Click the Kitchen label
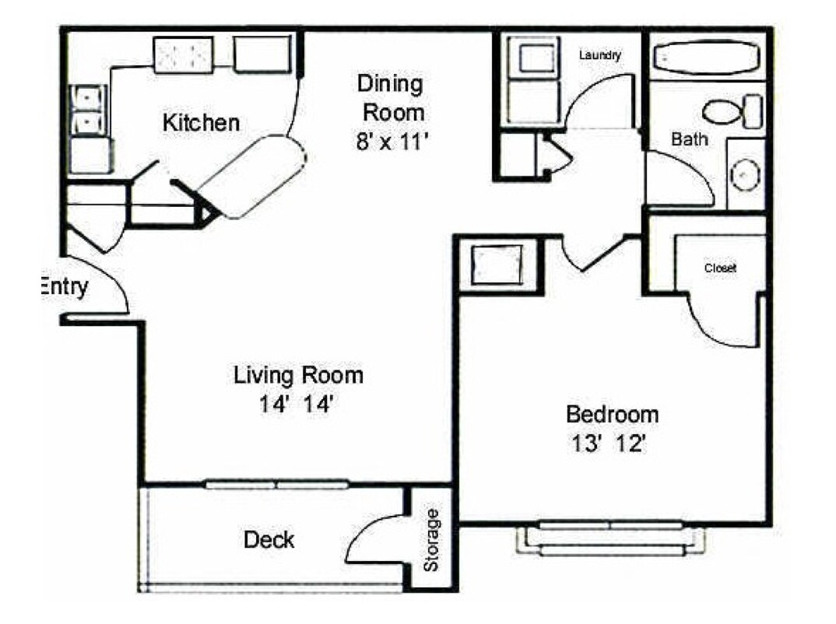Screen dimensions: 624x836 tap(200, 122)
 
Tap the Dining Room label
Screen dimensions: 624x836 tap(391, 97)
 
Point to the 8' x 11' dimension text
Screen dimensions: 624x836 tap(390, 141)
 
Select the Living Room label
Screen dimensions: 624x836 tap(298, 375)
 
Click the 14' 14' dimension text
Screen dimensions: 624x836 tap(298, 405)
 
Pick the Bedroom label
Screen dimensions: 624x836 tap(612, 413)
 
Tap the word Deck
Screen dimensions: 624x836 tap(269, 539)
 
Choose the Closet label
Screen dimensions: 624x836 tap(720, 268)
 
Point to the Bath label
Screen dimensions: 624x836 tap(690, 140)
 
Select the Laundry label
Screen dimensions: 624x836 tap(599, 55)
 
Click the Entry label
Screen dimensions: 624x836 tap(64, 287)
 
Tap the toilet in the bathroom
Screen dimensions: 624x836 tap(732, 110)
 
